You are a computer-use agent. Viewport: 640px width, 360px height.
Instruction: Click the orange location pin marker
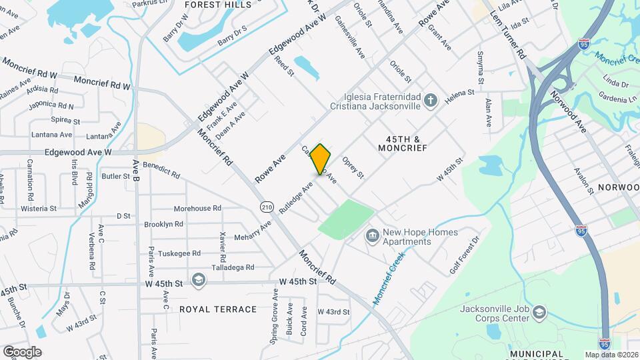coord(321,159)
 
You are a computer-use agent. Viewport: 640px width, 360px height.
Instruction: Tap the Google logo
coord(22,351)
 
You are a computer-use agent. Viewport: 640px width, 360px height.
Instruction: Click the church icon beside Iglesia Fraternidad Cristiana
coord(431,101)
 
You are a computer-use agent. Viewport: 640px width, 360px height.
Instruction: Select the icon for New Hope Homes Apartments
coord(371,237)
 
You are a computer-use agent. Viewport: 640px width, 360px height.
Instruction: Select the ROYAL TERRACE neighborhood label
coord(218,309)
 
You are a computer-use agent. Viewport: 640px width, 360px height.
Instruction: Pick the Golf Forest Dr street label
coord(465,255)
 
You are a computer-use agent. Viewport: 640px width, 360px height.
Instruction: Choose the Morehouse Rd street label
coord(197,209)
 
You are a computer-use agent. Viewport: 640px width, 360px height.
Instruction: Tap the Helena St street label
coord(459,96)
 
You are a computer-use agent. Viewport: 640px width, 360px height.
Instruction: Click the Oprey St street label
coord(353,168)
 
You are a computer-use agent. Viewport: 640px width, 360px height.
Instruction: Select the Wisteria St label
coord(38,209)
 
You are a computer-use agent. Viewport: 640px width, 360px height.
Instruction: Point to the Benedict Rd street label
coord(161,170)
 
